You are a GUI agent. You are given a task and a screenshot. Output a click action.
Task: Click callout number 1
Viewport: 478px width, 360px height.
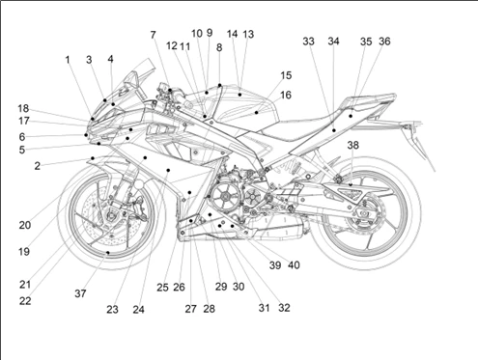68,60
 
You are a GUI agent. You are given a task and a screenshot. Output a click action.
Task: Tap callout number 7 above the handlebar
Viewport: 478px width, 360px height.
153,35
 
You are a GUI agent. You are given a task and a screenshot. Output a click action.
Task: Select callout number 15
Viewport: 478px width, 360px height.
286,75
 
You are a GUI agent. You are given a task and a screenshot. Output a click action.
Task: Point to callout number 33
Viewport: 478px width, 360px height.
308,42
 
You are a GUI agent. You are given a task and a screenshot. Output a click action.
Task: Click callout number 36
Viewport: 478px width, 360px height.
384,42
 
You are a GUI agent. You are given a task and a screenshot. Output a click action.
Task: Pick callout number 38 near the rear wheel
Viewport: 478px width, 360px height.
352,145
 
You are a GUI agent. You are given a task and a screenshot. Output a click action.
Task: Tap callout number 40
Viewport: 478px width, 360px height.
294,265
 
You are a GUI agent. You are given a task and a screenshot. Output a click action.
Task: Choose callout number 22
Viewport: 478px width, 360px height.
25,301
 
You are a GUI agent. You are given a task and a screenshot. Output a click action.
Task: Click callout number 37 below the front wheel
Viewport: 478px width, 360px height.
80,293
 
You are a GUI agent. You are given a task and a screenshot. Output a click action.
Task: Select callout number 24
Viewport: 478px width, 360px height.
138,310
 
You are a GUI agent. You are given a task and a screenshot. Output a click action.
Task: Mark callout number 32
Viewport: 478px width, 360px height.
284,308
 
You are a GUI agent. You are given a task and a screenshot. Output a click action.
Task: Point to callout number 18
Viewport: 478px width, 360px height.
23,108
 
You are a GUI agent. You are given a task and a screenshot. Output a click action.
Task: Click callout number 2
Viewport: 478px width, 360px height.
38,166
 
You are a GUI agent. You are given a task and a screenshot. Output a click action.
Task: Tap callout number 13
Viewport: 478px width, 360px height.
248,34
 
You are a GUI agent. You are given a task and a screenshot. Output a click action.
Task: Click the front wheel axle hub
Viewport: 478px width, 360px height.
111,216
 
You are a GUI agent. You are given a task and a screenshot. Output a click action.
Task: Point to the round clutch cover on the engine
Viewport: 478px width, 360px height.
226,197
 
